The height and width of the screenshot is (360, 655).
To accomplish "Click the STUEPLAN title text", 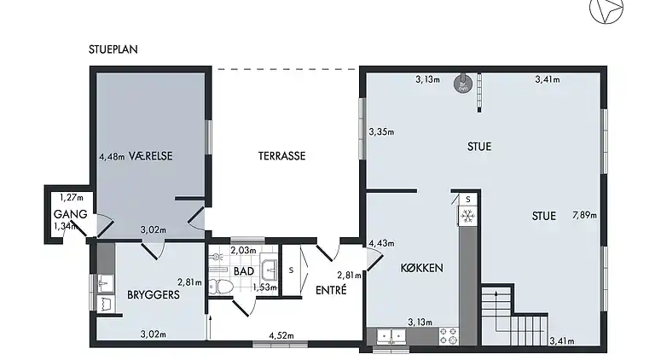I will [113, 49].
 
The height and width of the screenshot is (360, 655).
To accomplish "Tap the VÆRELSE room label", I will [151, 156].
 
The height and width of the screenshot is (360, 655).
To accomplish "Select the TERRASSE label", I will [281, 156].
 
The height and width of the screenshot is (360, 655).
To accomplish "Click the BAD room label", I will [244, 271].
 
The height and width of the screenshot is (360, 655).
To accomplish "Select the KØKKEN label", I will [421, 268].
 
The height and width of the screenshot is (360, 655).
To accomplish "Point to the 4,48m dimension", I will [112, 157].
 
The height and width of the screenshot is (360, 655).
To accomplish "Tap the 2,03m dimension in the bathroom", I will [243, 250].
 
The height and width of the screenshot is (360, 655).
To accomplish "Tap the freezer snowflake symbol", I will [467, 217].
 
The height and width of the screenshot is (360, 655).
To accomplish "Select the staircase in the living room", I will [512, 316].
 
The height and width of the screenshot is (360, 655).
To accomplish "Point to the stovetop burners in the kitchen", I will [449, 336].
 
